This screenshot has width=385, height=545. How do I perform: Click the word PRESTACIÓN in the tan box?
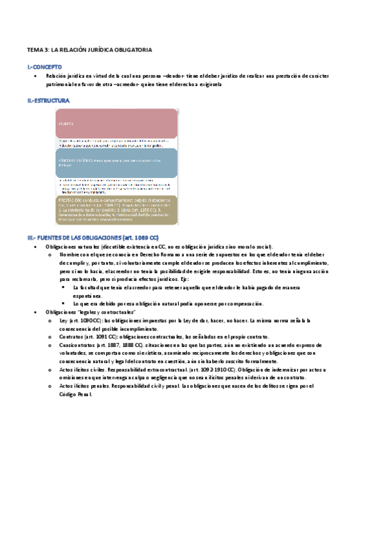[x=71, y=200]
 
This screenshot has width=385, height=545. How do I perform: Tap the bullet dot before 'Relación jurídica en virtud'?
[x=35, y=76]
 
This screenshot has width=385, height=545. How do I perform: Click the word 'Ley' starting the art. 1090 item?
[x=63, y=320]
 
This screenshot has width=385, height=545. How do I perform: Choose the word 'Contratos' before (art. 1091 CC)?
[x=71, y=337]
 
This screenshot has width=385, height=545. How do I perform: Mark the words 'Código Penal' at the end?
[x=75, y=394]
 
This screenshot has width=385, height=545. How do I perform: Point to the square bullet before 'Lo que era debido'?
[x=64, y=303]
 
